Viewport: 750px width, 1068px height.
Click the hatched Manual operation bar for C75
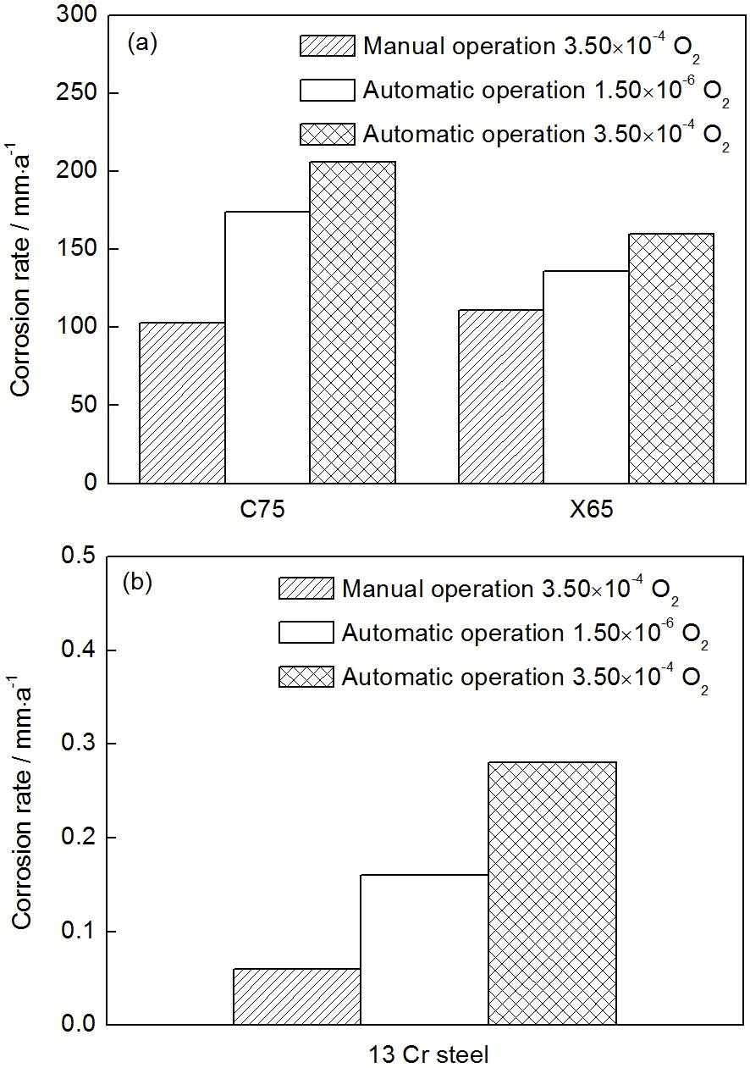(182, 402)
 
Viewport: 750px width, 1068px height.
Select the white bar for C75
(267, 347)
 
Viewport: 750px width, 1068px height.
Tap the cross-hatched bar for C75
(352, 322)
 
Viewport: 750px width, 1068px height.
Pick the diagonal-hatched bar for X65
(500, 396)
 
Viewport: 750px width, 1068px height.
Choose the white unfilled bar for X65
(585, 377)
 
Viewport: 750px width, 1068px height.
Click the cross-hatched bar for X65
(670, 357)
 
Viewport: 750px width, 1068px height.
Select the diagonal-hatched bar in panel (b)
(296, 997)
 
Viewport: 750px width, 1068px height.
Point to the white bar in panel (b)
(424, 949)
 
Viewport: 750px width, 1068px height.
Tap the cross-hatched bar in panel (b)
(552, 894)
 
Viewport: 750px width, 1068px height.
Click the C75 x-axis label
(267, 511)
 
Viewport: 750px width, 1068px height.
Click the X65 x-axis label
(586, 511)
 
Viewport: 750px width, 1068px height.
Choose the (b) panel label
(137, 583)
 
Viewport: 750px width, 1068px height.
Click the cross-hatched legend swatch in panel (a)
(328, 134)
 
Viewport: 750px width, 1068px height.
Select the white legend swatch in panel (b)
(306, 632)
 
